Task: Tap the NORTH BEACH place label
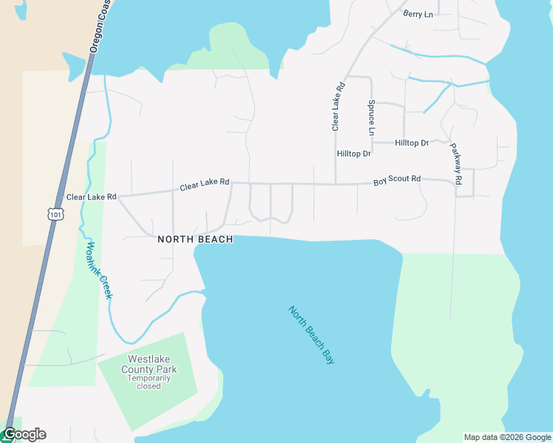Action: coord(195,239)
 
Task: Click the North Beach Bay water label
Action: coord(311,334)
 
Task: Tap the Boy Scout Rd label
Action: coord(396,179)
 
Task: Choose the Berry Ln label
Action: coord(418,13)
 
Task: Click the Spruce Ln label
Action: coord(371,118)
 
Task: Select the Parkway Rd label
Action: coord(455,163)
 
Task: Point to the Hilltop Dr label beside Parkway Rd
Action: coord(412,142)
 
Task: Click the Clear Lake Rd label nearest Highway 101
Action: coord(92,197)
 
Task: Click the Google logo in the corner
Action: coord(24,434)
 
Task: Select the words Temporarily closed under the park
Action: coord(149,382)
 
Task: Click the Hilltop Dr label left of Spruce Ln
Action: coord(353,154)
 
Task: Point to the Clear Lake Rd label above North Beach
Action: coord(204,185)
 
